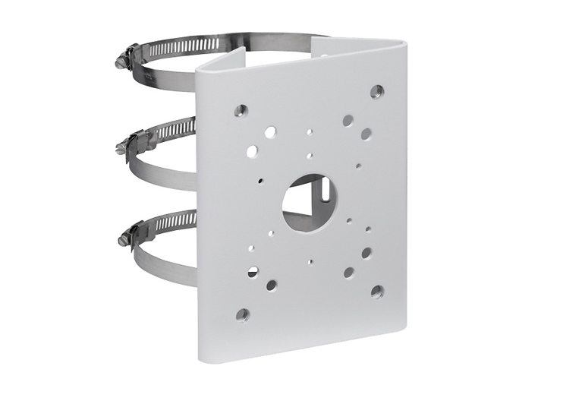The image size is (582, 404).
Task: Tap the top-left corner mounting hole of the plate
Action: (241, 110)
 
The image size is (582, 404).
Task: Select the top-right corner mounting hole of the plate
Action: (376, 92)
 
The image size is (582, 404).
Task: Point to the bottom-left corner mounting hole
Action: (242, 314)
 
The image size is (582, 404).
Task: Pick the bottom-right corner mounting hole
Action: (377, 291)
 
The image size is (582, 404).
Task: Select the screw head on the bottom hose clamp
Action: (123, 239)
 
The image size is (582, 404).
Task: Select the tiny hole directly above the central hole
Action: (310, 156)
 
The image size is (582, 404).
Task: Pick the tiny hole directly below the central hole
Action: (310, 262)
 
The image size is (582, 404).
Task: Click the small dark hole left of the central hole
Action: (260, 181)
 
